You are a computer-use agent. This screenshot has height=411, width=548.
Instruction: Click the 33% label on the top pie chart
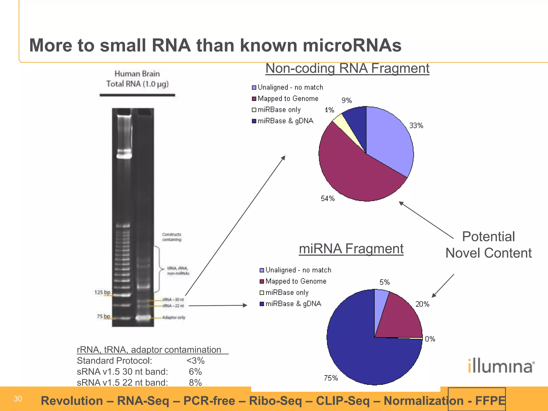[x=416, y=125]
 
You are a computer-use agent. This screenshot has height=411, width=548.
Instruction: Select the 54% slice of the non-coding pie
[x=353, y=171]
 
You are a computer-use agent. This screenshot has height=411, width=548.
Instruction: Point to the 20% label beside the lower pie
[x=422, y=304]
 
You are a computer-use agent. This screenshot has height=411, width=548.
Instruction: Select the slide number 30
[x=18, y=399]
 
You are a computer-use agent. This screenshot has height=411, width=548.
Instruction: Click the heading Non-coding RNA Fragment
[x=347, y=68]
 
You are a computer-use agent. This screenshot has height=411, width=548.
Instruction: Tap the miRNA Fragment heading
[x=351, y=249]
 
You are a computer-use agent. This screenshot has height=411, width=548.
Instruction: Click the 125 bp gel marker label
[x=102, y=292]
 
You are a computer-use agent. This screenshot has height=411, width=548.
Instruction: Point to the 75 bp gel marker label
[x=103, y=316]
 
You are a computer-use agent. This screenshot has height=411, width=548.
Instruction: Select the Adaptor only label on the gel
[x=174, y=317]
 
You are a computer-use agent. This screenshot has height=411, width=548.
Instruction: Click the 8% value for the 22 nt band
[x=195, y=383]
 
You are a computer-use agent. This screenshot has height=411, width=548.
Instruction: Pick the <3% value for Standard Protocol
[x=195, y=361]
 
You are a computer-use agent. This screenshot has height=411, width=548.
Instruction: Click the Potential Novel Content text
[x=488, y=245]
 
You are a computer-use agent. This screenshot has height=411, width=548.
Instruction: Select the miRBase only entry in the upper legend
[x=279, y=110]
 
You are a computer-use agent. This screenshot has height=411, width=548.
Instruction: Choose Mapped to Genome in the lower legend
[x=296, y=281]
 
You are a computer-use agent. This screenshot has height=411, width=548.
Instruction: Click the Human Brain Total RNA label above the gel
[x=137, y=79]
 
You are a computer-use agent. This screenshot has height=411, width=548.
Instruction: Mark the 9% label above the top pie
[x=347, y=100]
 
